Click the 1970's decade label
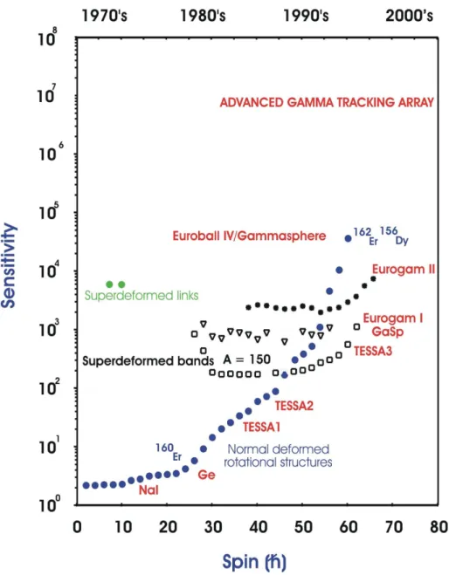pos(104,16)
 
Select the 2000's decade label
pos(410,16)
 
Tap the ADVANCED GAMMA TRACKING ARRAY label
pos(327,102)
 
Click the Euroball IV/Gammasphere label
pos(249,236)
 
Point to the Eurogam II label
pos(404,270)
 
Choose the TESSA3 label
pos(373,352)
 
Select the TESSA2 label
pos(294,406)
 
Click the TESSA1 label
pos(261,427)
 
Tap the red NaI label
pos(149,490)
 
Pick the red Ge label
pos(206,475)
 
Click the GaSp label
pos(387,332)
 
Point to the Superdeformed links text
pos(142,296)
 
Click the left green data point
pos(109,284)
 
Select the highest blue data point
pos(348,239)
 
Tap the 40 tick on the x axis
pos(258,527)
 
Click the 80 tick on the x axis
pos(439,527)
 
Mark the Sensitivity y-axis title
pos(10,265)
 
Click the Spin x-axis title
pos(254,562)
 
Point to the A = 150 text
pos(246,359)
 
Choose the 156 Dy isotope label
pos(394,236)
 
